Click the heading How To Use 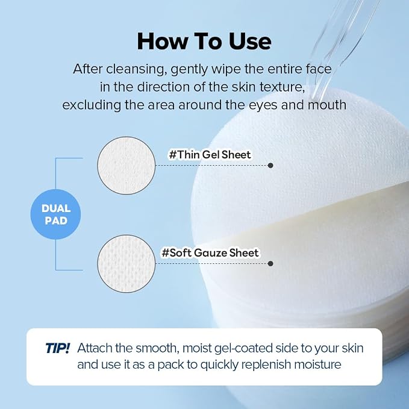tap(204, 42)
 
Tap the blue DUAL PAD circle tap(55, 214)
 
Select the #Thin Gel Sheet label tap(210, 155)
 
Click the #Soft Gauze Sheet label tap(210, 253)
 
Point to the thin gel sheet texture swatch tap(126, 166)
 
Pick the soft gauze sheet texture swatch tap(126, 263)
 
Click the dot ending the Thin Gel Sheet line tap(270, 166)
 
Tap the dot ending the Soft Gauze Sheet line tap(270, 263)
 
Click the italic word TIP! tap(58, 348)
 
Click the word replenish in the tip tap(266, 364)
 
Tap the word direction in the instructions tap(163, 87)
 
